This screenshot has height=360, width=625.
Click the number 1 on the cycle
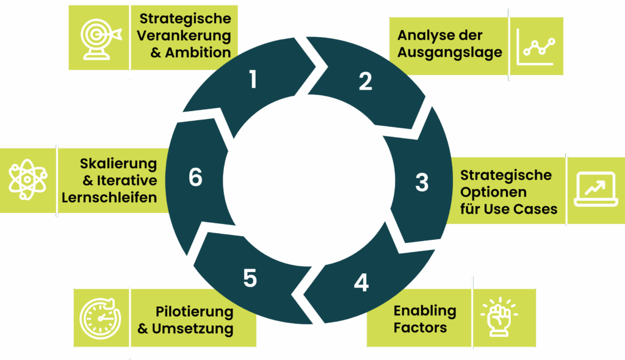point(253,80)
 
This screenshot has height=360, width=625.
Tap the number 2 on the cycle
point(365,82)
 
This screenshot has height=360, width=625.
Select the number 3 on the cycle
point(422,182)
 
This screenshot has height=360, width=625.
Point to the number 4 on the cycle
point(361,283)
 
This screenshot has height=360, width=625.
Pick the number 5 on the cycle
point(250,278)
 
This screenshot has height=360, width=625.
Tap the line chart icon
point(536,47)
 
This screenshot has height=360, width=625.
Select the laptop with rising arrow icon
point(596,189)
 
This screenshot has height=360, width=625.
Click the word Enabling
point(425,311)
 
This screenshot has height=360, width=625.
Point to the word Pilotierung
point(194,312)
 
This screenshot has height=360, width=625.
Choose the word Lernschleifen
point(109,197)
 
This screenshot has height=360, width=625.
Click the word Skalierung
point(118,164)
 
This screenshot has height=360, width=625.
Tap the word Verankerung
point(184,35)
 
